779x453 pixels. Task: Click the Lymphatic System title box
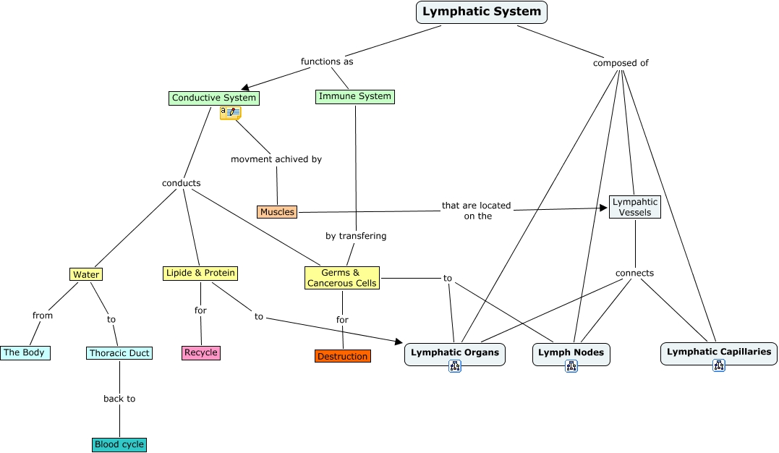(x=481, y=12)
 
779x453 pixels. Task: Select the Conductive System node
(x=213, y=98)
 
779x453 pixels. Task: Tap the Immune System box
(x=355, y=96)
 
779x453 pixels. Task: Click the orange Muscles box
(x=277, y=212)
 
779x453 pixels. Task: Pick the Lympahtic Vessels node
(x=635, y=207)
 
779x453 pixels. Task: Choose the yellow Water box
(x=86, y=274)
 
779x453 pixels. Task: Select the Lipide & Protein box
(x=200, y=273)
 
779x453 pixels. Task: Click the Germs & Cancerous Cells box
(x=342, y=278)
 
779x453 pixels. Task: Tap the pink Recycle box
(x=201, y=352)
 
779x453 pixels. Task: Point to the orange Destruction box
(x=343, y=356)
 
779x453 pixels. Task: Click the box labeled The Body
(x=25, y=352)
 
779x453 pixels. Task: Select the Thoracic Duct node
(x=119, y=353)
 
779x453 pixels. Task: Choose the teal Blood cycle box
(x=119, y=444)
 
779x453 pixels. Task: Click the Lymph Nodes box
(x=571, y=352)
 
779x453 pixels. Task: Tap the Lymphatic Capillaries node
(x=718, y=352)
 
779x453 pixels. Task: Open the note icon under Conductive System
(x=231, y=112)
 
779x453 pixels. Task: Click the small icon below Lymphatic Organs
(x=455, y=366)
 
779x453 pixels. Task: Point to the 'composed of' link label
(x=621, y=63)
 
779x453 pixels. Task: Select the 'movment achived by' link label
(x=276, y=159)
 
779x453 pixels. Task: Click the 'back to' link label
(x=119, y=399)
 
